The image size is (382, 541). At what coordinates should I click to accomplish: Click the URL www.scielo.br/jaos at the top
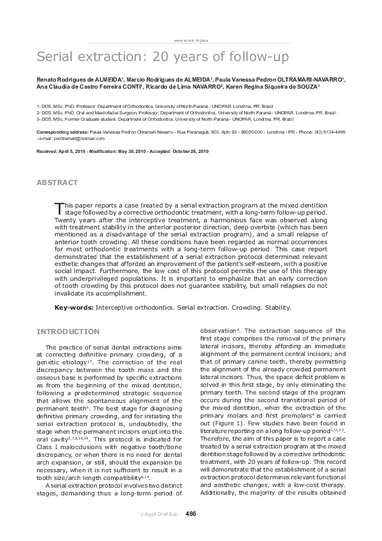click(x=191, y=39)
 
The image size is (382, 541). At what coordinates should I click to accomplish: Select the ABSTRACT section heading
click(x=57, y=182)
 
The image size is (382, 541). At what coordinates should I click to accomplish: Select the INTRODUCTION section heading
click(x=67, y=332)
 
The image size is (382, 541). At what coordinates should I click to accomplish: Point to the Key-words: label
click(x=74, y=308)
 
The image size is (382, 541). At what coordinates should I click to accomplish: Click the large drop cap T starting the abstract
click(x=60, y=207)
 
